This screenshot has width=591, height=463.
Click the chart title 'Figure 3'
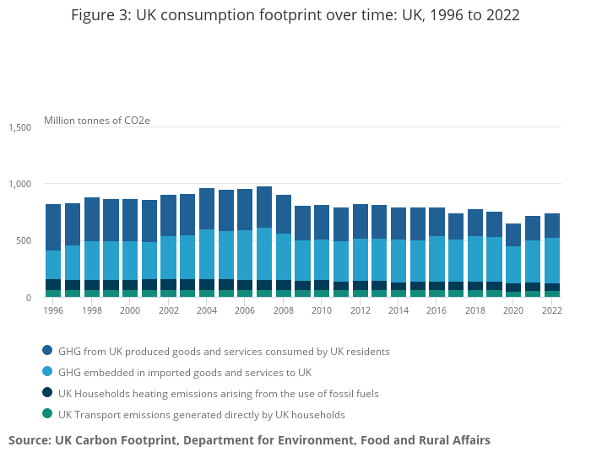pyautogui.click(x=295, y=16)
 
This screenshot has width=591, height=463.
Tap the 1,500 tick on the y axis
pyautogui.click(x=20, y=127)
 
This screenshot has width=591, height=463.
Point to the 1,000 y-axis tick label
pyautogui.click(x=20, y=184)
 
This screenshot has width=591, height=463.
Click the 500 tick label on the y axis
pyautogui.click(x=24, y=240)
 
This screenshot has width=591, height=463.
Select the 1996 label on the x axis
pyautogui.click(x=53, y=310)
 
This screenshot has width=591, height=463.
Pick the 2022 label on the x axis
pyautogui.click(x=552, y=310)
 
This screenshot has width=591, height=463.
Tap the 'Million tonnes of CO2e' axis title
pyautogui.click(x=96, y=121)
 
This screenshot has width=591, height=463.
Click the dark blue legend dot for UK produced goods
pyautogui.click(x=47, y=350)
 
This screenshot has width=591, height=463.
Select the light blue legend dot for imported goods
pyautogui.click(x=47, y=372)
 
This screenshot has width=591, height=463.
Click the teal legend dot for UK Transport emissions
pyautogui.click(x=47, y=414)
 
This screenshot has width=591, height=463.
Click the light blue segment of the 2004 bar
pyautogui.click(x=207, y=254)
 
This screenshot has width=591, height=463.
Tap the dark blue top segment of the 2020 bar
pyautogui.click(x=513, y=234)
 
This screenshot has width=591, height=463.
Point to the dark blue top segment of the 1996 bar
pyautogui.click(x=53, y=227)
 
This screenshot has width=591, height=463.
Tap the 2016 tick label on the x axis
pyautogui.click(x=436, y=310)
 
